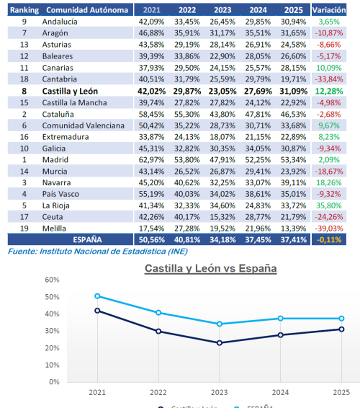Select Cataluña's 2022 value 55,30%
pos(186,114)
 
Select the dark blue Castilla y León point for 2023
pos(220,342)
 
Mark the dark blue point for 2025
pos(341,329)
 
